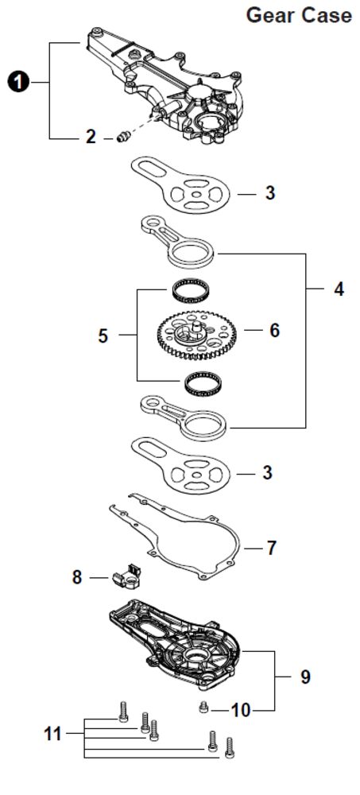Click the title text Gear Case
point(299,15)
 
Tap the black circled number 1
point(19,82)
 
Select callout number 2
point(91,137)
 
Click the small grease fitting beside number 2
point(122,137)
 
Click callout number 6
point(274,331)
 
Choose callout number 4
point(339,289)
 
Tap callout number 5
point(103,335)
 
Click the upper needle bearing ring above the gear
point(192,292)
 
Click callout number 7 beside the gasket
point(272,548)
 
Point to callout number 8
point(76,577)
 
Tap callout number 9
point(305,677)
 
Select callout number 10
point(241,711)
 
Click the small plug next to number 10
point(203,708)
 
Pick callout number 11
point(52,734)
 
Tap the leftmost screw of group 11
point(122,711)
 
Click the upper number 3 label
point(270,192)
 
